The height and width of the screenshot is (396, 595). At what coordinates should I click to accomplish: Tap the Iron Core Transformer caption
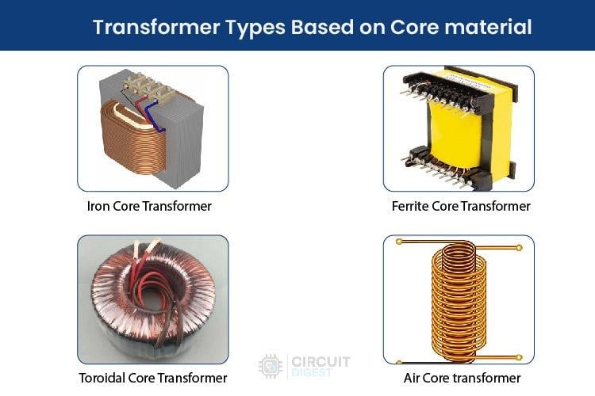(x=149, y=206)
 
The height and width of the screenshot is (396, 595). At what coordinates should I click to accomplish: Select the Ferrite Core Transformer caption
(x=461, y=206)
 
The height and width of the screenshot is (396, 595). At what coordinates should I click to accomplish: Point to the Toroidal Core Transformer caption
(x=153, y=378)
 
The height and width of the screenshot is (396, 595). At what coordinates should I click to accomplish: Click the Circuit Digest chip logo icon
(x=270, y=366)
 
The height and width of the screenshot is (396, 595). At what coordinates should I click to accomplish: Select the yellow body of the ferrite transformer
(x=460, y=131)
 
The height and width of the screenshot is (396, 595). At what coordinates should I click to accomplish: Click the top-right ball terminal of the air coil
(x=520, y=247)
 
